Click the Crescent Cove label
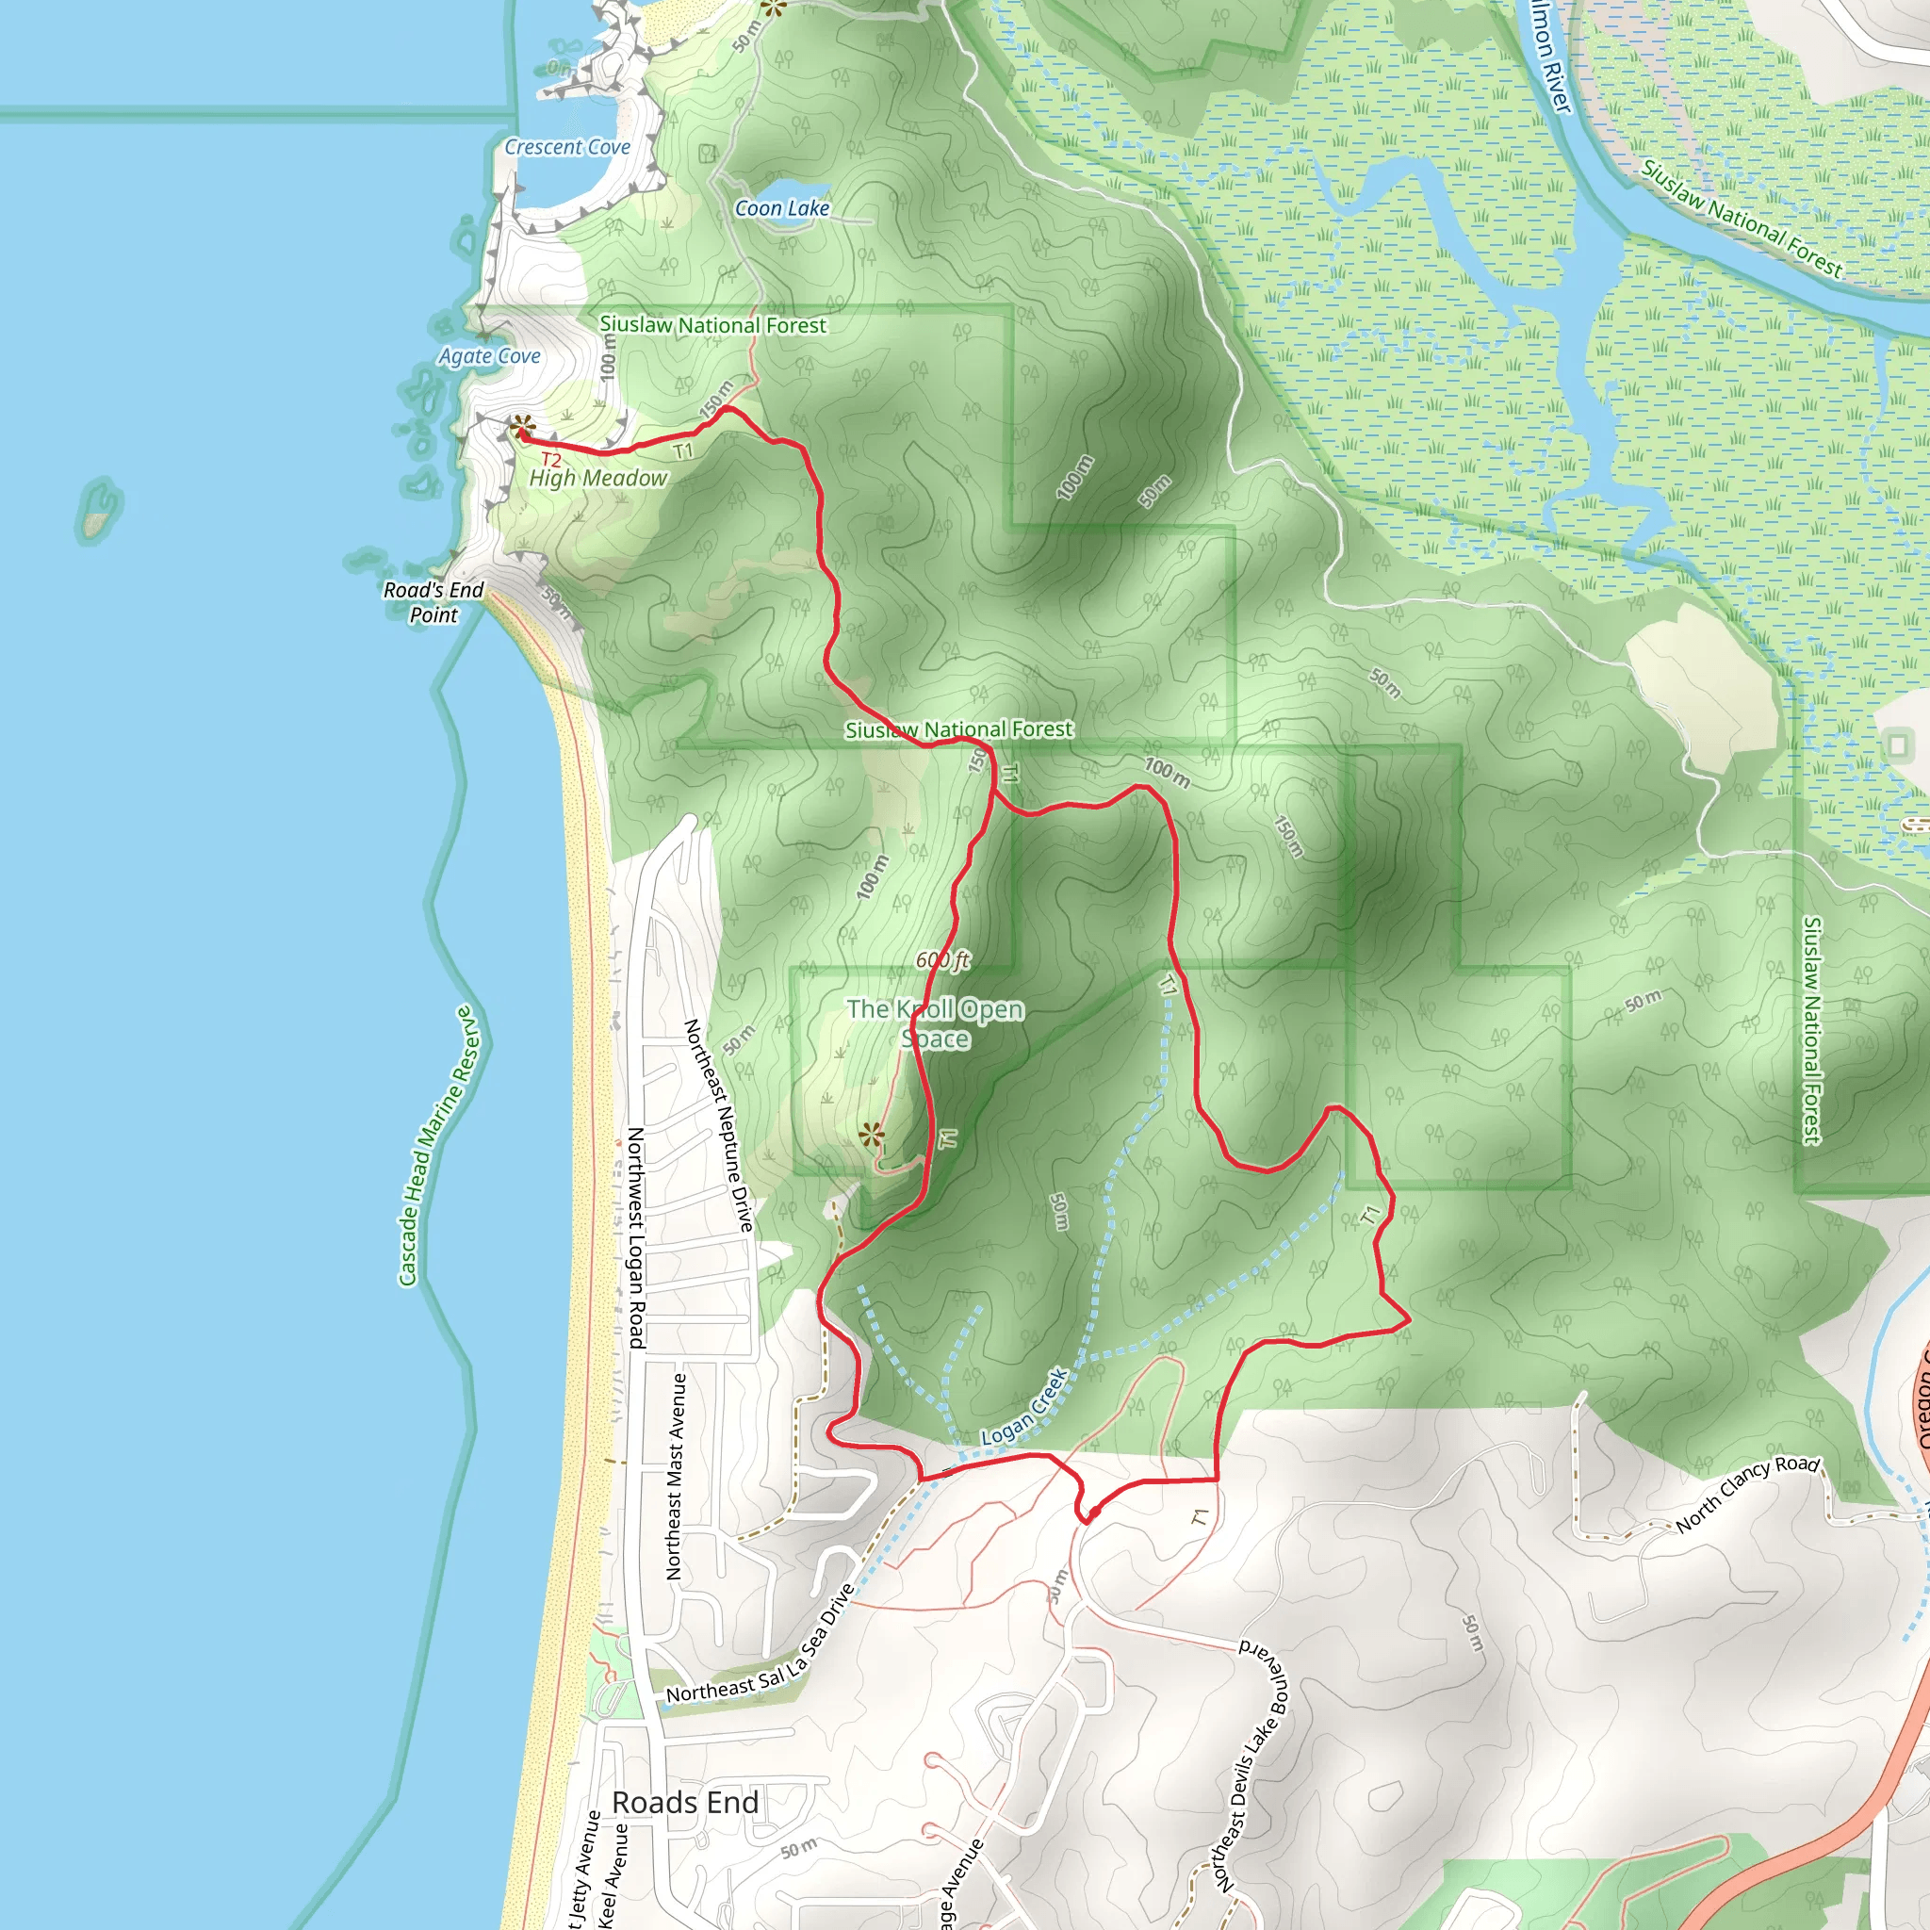(566, 147)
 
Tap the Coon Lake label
(782, 207)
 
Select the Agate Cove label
(489, 355)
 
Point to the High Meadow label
(597, 479)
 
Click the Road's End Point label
(433, 602)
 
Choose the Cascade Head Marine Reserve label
(438, 1146)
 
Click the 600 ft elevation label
(943, 960)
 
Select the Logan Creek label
(1025, 1407)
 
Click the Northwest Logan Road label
(636, 1237)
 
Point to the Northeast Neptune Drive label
(718, 1125)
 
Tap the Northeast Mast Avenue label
(677, 1477)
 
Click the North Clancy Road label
(1747, 1493)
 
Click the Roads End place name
(685, 1803)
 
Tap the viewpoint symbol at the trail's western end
(522, 428)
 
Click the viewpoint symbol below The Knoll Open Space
(871, 1134)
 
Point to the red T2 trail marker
(550, 460)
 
